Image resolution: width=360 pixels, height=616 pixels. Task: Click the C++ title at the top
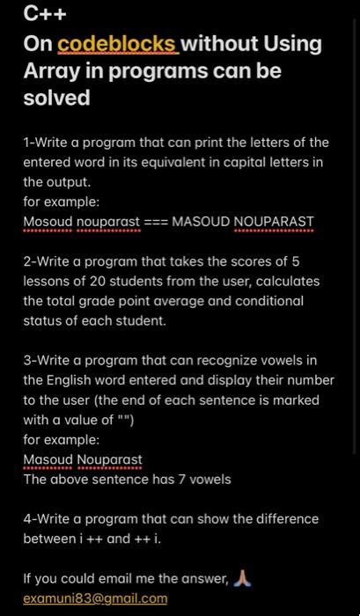(x=45, y=14)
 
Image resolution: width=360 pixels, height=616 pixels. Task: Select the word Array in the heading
(x=53, y=70)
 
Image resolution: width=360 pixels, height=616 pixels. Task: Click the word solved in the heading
(x=56, y=98)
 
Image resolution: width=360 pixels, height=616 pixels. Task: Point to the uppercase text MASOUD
(x=201, y=221)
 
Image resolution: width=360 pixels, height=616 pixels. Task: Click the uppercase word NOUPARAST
(x=274, y=221)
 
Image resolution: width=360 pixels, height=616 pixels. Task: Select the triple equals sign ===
(x=157, y=221)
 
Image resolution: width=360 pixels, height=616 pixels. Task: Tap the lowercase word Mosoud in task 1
(x=48, y=221)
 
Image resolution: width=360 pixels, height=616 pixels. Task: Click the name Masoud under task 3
(x=48, y=459)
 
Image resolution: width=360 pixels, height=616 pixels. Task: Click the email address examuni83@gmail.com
(x=95, y=598)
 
